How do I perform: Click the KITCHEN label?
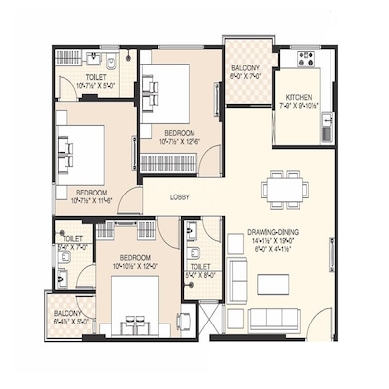299,97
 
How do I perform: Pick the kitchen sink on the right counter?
323,126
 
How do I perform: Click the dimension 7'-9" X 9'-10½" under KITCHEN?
299,107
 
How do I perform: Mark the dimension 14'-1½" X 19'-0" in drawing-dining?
275,243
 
